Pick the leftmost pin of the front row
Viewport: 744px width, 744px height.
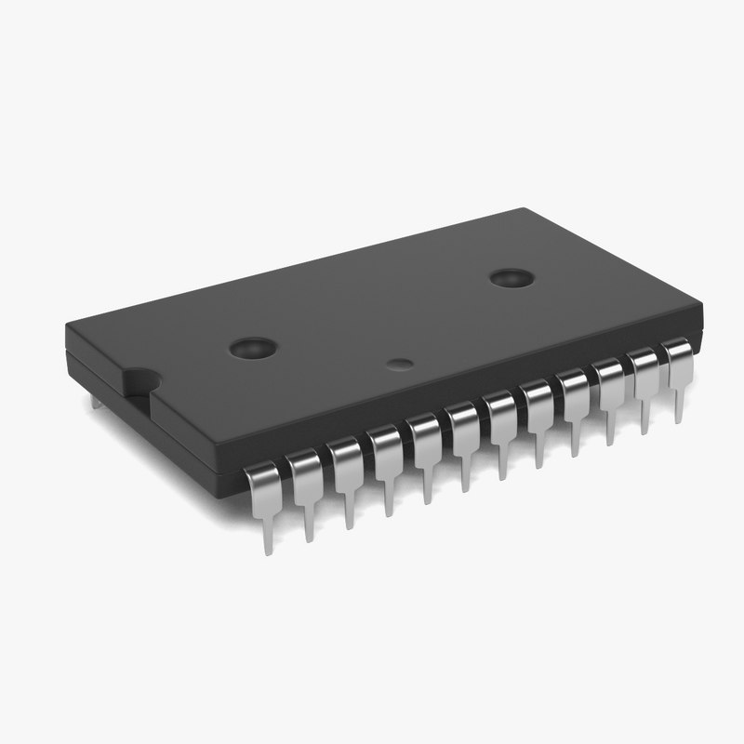coord(263,493)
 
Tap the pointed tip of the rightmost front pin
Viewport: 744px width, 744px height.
coord(679,421)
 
